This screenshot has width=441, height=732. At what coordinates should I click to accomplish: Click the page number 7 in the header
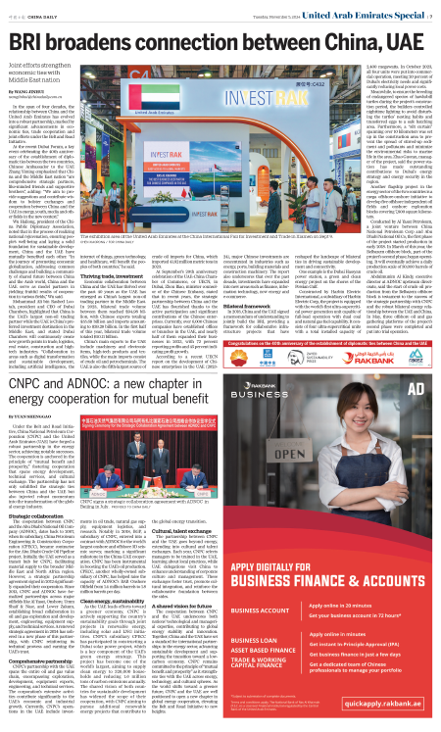432,12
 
